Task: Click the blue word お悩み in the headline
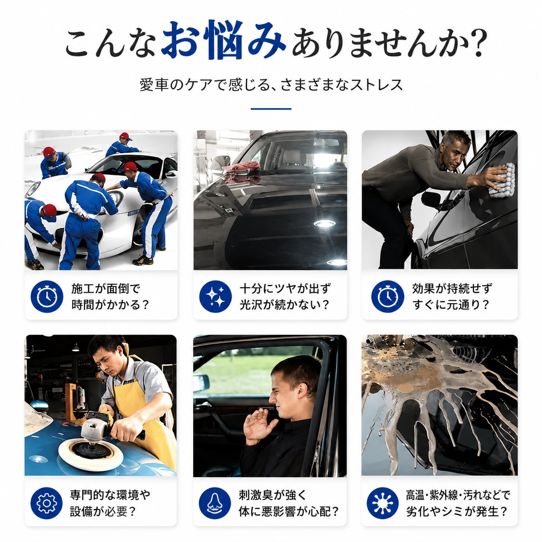pyautogui.click(x=223, y=39)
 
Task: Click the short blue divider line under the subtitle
pyautogui.click(x=271, y=108)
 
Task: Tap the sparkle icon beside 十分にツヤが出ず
pyautogui.click(x=215, y=296)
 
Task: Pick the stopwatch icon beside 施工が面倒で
pyautogui.click(x=47, y=296)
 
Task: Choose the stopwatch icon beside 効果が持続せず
pyautogui.click(x=387, y=296)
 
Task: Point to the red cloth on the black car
pyautogui.click(x=241, y=168)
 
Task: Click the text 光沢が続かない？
pyautogui.click(x=284, y=305)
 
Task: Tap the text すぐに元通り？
pyautogui.click(x=451, y=305)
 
